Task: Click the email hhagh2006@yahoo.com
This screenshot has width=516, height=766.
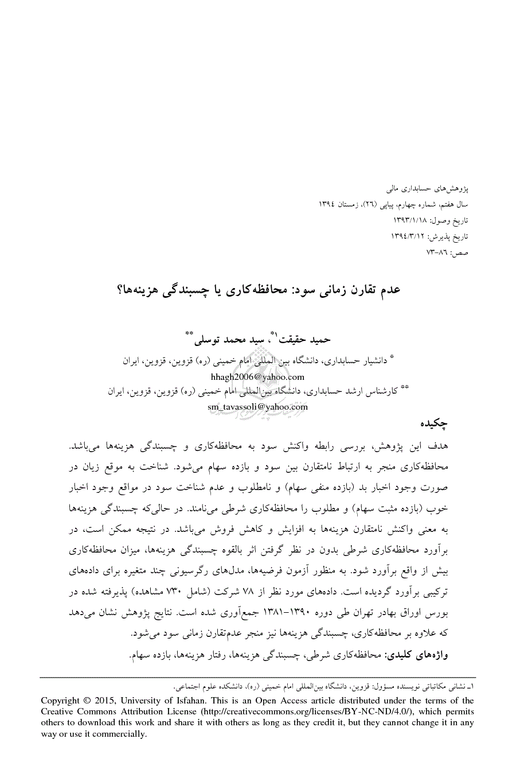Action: coord(257,377)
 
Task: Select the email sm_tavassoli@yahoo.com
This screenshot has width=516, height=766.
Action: coord(257,407)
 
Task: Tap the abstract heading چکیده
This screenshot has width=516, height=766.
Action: coord(434,425)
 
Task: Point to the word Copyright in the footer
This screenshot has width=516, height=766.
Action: coord(61,701)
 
